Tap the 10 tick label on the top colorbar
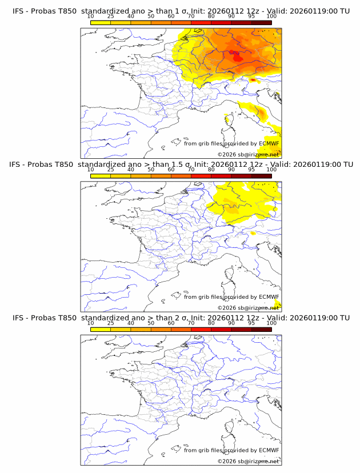[91, 17]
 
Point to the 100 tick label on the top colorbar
[271, 17]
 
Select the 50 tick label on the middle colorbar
[151, 170]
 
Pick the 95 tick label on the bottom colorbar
[251, 323]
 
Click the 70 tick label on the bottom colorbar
[191, 323]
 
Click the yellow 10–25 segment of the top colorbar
[101, 22]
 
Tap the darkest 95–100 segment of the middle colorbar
[261, 175]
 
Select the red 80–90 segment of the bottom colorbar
[221, 328]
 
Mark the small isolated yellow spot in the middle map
[253, 233]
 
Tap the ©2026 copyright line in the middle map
[249, 307]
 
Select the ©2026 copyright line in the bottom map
[249, 460]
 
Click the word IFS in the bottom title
[18, 318]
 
